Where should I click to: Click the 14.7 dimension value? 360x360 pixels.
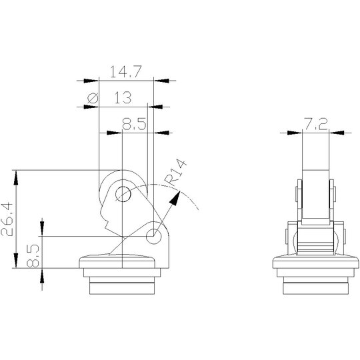click(x=126, y=71)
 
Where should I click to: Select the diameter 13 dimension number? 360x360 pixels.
click(x=123, y=97)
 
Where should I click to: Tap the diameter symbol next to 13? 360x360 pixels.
click(x=93, y=98)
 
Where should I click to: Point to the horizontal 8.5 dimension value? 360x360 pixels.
click(x=134, y=124)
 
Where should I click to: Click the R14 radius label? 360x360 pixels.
click(x=177, y=173)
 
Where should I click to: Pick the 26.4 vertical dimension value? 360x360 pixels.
click(x=7, y=219)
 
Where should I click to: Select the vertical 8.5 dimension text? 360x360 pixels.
click(x=33, y=256)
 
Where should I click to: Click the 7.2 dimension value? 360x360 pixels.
click(x=316, y=124)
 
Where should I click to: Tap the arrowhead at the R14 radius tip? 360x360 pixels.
click(x=175, y=198)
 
